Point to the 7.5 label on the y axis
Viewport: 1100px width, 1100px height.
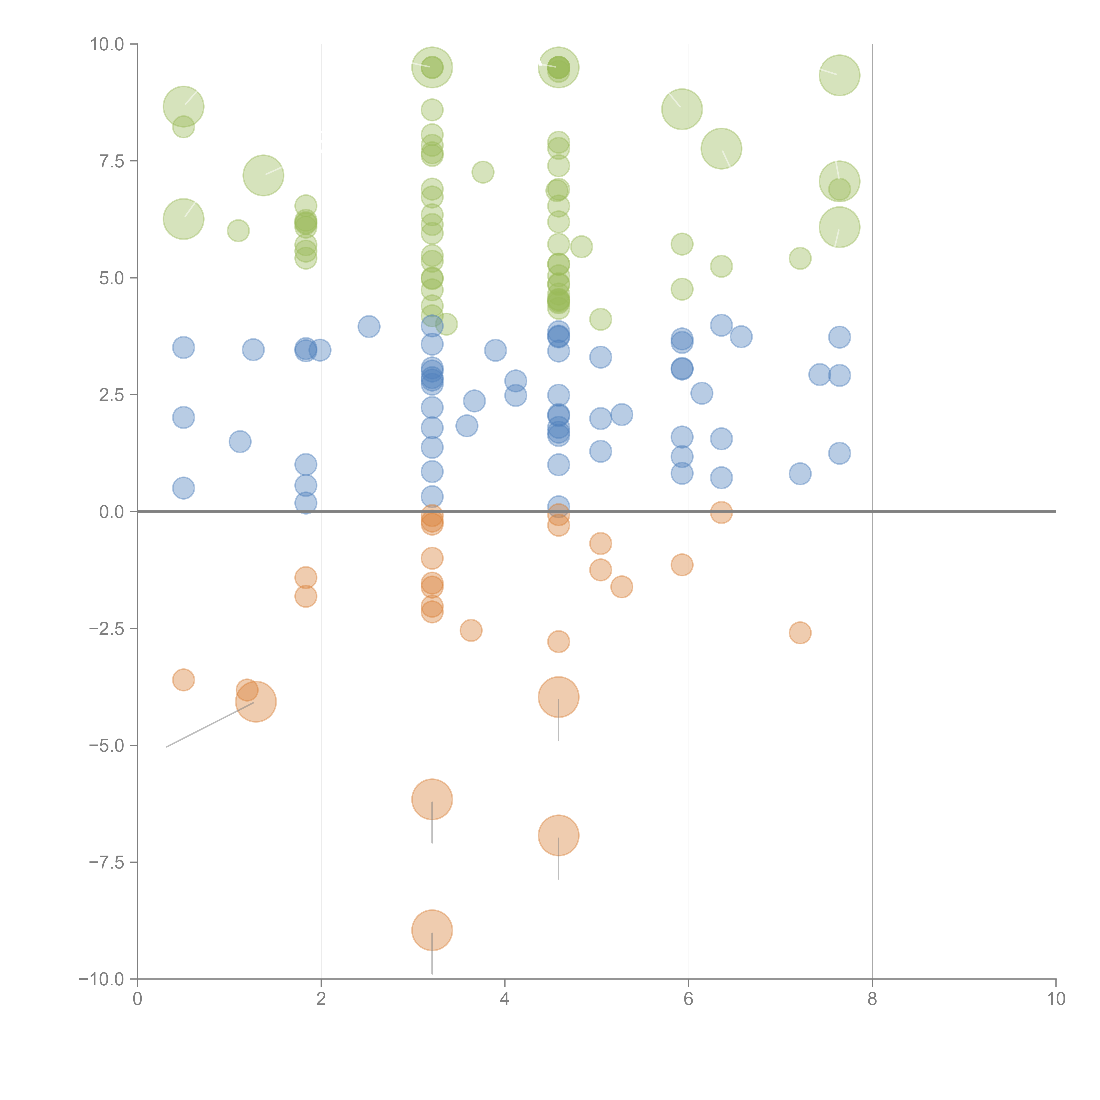click(112, 161)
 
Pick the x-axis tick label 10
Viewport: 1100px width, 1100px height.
click(1056, 999)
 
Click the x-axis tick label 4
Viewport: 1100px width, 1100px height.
click(504, 999)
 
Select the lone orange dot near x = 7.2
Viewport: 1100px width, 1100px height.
click(800, 632)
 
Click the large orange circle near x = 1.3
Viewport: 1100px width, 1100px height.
click(256, 701)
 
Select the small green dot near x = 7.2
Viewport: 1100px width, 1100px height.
click(800, 258)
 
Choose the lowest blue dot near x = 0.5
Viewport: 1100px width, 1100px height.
click(183, 488)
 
